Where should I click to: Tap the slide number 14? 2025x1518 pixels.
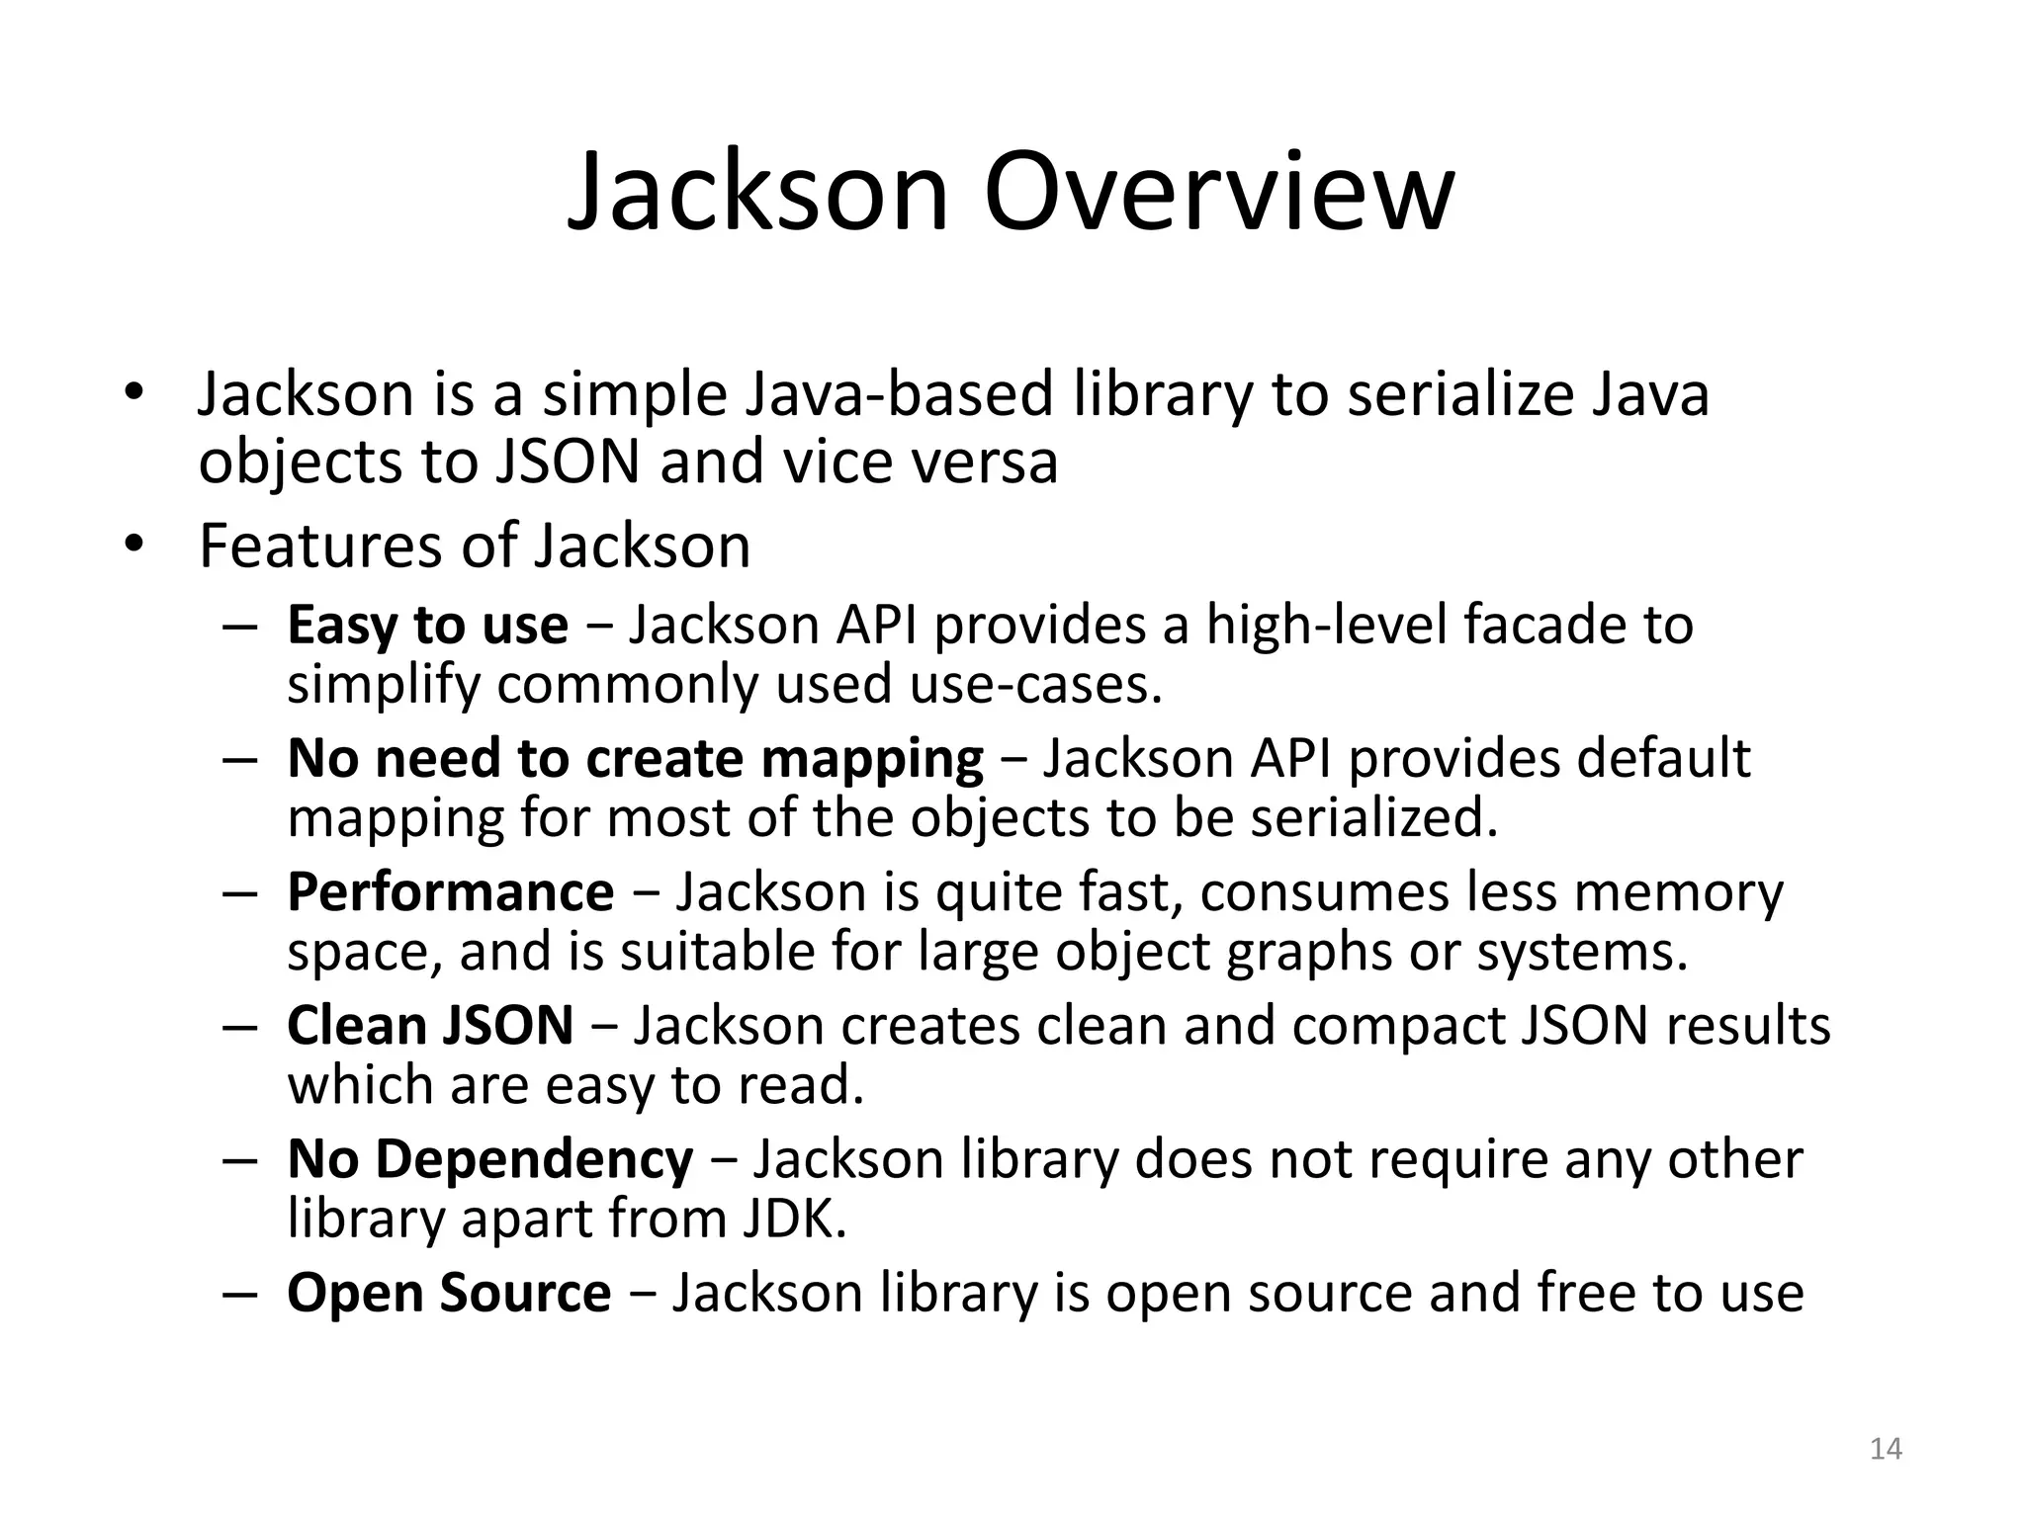[1886, 1449]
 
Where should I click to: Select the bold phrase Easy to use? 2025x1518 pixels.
[427, 626]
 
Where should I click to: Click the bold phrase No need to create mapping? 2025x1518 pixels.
[635, 759]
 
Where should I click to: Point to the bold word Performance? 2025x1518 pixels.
[450, 892]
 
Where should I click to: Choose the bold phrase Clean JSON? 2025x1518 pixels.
[430, 1026]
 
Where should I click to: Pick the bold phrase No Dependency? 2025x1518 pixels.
[489, 1159]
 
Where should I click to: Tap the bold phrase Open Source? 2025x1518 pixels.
[449, 1293]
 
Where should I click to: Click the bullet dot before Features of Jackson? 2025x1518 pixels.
[134, 545]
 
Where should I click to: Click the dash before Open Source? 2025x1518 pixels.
[240, 1294]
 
